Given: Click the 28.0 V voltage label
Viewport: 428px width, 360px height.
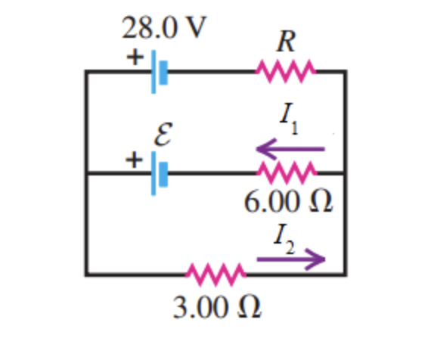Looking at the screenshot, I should click(165, 29).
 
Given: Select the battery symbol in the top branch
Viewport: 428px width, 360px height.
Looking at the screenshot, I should click(157, 72).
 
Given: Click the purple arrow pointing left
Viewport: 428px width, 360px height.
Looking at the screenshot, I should click(290, 148).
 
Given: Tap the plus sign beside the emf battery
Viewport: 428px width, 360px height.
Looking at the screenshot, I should click(135, 160).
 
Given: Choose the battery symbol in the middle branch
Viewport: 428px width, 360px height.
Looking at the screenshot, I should click(157, 173).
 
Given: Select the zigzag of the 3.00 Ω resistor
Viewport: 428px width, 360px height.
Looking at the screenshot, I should click(216, 273).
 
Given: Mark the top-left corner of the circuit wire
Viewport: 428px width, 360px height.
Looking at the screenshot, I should click(86, 72).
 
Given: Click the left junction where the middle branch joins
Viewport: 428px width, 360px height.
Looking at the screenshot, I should click(86, 173).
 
